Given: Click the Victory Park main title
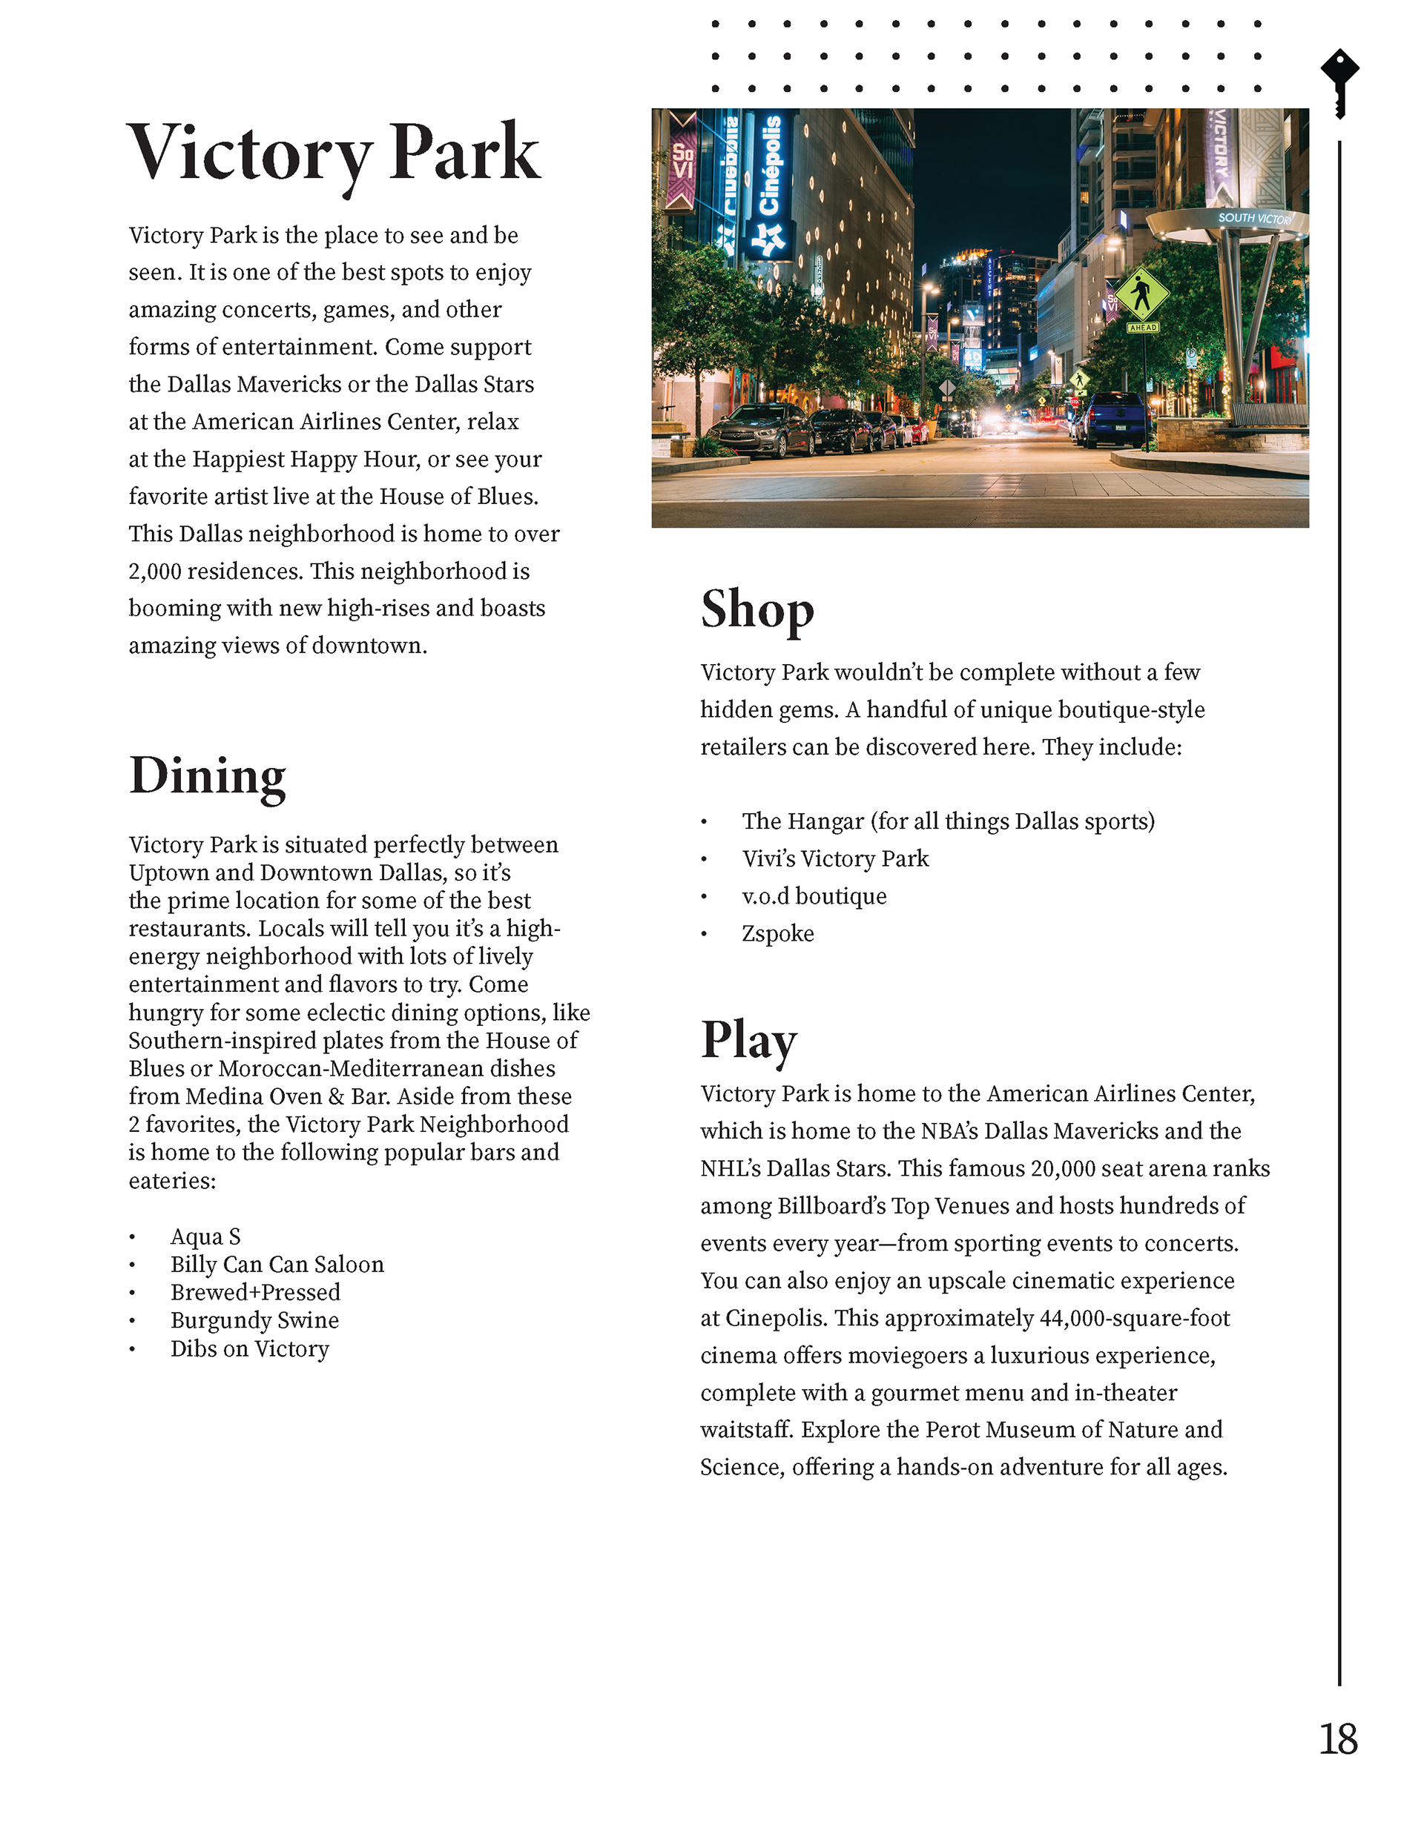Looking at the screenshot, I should point(334,154).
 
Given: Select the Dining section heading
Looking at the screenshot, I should point(208,775).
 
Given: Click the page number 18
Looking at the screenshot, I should point(1338,1740).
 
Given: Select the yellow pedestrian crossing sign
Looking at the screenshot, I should point(1142,295).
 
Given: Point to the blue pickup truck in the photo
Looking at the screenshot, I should point(1113,418).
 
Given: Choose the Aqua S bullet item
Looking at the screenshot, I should point(205,1236).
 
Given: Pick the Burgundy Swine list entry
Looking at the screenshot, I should point(254,1320).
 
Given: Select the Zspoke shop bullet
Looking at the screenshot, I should point(777,933).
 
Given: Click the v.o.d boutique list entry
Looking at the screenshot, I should point(814,896).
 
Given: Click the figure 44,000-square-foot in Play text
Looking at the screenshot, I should point(1135,1317).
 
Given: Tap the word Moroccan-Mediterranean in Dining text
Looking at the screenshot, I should point(387,1068).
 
